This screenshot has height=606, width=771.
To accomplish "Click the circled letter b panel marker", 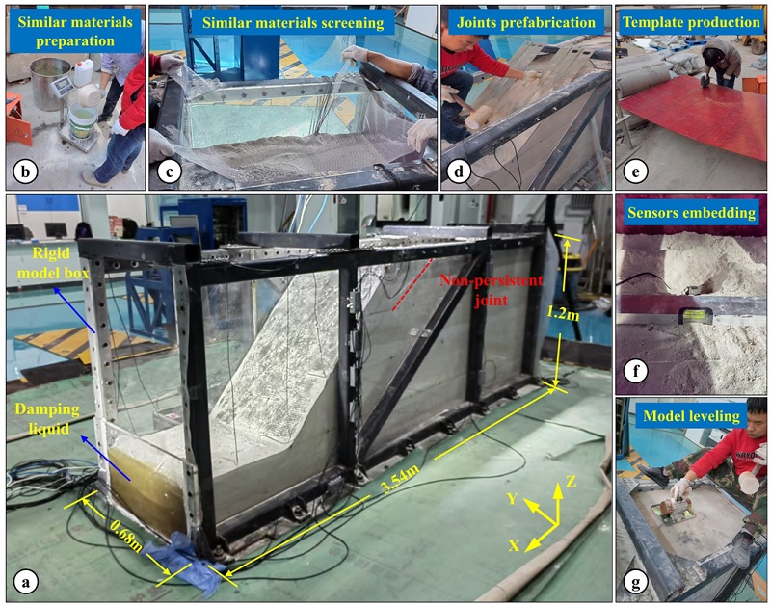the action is (26, 171).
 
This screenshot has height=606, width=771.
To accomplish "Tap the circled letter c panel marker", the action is (170, 171).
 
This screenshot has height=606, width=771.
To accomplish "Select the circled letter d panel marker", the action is (459, 171).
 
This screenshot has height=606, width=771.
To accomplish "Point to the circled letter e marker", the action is (635, 171).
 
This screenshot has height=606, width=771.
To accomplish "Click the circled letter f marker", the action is (636, 371).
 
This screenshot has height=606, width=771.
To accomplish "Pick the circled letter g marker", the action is (636, 583).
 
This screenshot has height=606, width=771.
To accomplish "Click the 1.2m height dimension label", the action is (562, 311).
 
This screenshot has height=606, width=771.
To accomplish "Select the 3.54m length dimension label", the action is (400, 479).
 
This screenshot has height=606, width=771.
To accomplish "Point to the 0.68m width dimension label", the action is (126, 537).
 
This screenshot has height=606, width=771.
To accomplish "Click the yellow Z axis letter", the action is (571, 481).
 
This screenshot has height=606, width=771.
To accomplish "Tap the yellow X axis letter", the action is (515, 545).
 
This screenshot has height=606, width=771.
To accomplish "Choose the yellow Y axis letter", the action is (513, 499).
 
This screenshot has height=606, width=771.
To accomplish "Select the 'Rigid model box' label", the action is (53, 263).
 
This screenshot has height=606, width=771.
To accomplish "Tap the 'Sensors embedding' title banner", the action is (691, 212).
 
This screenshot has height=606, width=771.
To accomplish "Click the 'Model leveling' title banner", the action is (691, 416).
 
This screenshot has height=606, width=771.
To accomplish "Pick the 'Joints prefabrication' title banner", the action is (526, 22).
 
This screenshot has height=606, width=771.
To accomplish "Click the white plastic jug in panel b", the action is (83, 72).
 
